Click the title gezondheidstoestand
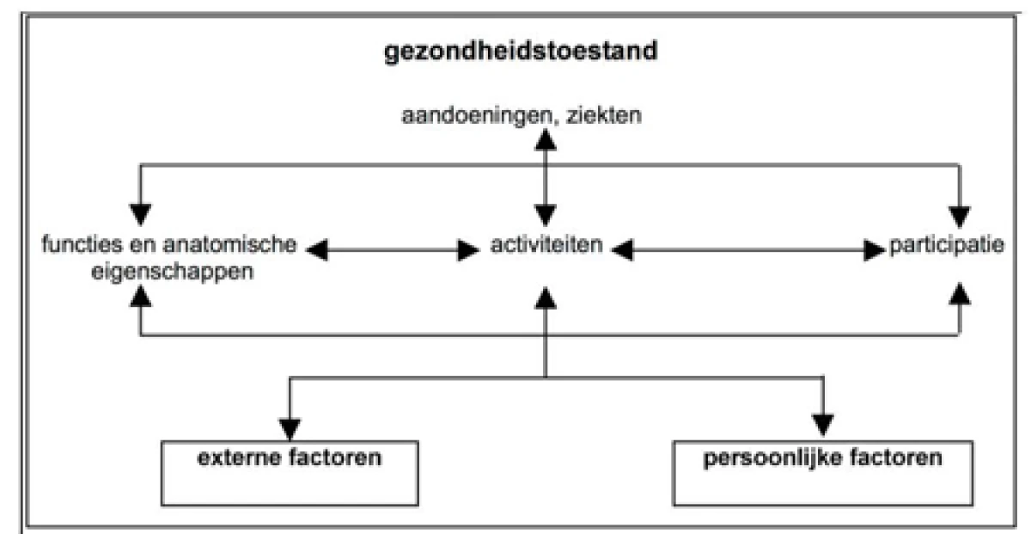[521, 52]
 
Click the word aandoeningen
[477, 115]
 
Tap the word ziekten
[604, 114]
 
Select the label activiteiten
[546, 244]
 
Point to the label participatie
[946, 246]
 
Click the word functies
[82, 244]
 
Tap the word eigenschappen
[172, 273]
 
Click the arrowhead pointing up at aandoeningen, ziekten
[546, 139]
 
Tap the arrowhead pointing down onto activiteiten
[546, 216]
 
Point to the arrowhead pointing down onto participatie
[960, 217]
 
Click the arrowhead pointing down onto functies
[140, 215]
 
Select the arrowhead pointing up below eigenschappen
[140, 296]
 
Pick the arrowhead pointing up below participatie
[960, 293]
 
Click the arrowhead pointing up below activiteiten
[546, 298]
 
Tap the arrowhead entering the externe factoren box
[290, 429]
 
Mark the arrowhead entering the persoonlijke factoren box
[823, 426]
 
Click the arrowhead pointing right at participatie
[875, 250]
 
